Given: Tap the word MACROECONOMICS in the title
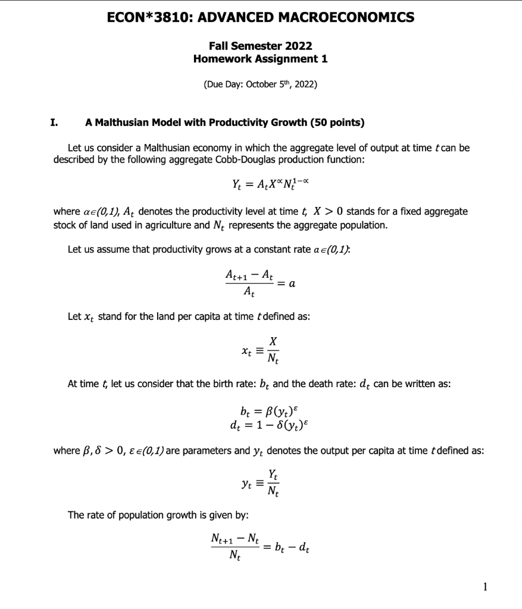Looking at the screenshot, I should [353, 17].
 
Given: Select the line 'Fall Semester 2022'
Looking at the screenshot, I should [260, 46].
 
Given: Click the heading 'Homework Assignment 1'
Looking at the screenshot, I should [260, 59].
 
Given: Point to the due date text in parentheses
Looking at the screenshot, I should [260, 84].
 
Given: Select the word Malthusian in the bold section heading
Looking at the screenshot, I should [123, 123].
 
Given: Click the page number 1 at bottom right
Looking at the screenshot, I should [486, 587].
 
